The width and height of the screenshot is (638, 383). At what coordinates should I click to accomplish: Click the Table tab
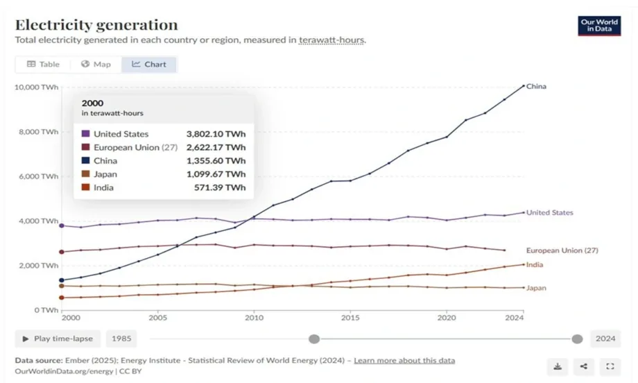(43, 65)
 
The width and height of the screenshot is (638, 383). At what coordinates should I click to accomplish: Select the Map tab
(96, 65)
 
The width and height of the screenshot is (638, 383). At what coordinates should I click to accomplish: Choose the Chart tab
(149, 65)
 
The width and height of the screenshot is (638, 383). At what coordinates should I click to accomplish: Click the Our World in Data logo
(599, 26)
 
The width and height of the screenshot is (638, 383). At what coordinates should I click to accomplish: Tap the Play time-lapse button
(58, 339)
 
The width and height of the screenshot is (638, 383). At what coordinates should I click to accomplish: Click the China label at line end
(536, 87)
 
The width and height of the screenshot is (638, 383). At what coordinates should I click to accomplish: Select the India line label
(535, 265)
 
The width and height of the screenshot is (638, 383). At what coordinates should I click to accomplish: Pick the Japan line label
(536, 288)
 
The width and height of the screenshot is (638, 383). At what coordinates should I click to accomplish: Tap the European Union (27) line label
(562, 250)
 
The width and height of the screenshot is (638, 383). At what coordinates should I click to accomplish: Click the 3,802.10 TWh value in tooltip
(216, 134)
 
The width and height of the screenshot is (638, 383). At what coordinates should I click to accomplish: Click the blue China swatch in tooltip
(85, 161)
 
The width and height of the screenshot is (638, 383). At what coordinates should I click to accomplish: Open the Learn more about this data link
(404, 361)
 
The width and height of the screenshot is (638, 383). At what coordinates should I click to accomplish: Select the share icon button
(584, 366)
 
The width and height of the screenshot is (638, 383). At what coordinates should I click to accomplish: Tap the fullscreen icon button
(610, 366)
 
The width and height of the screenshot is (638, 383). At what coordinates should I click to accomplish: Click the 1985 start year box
(121, 339)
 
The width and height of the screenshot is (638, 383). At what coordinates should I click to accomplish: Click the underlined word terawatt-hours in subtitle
(331, 40)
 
